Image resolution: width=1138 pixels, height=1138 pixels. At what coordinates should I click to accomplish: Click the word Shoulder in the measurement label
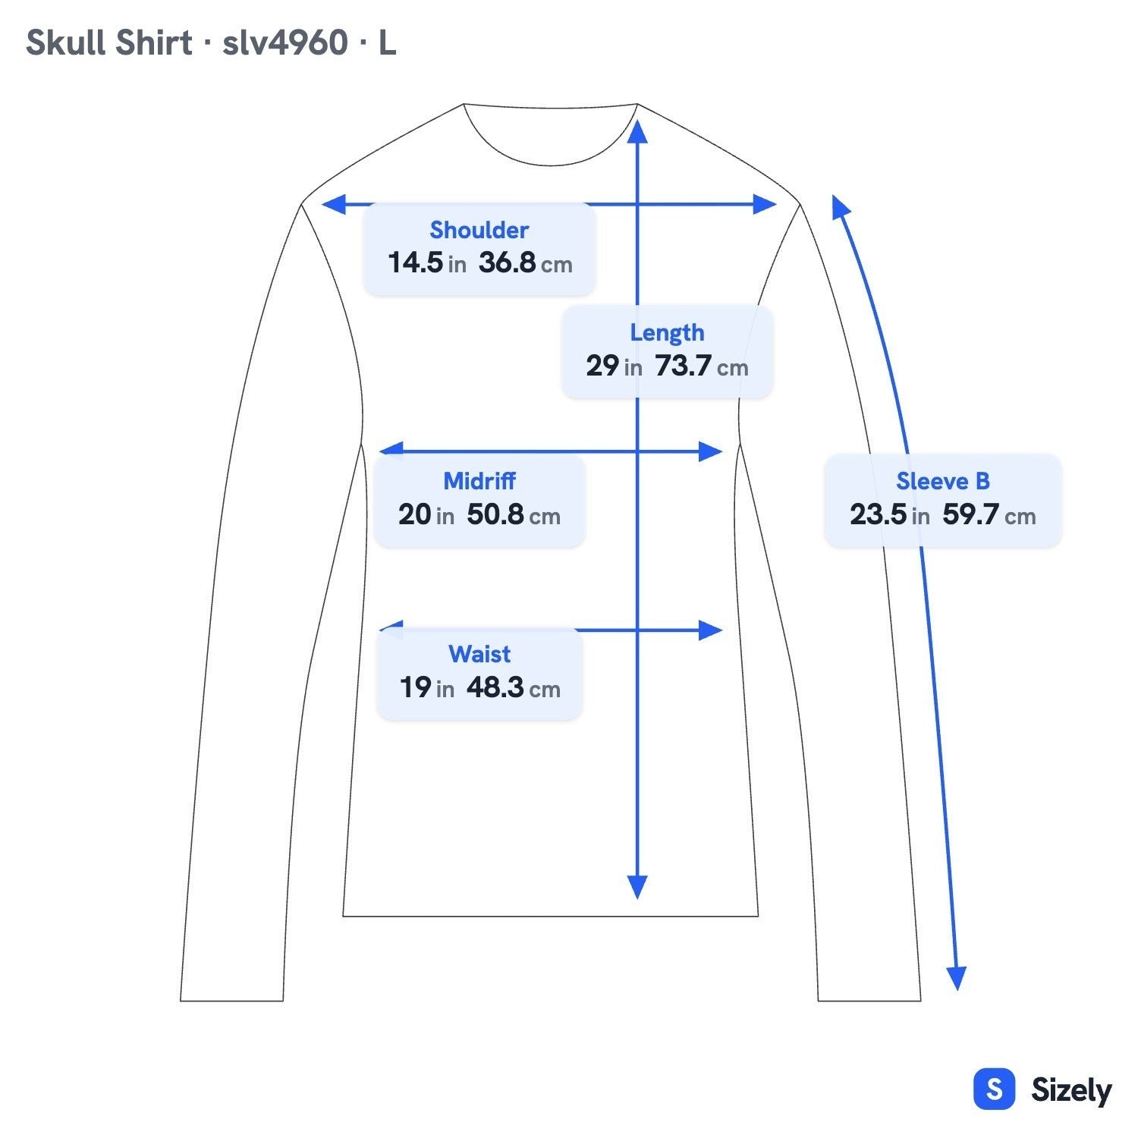click(479, 230)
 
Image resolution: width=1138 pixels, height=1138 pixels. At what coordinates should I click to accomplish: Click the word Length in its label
click(667, 332)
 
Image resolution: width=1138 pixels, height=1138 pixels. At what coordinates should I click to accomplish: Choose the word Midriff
click(479, 481)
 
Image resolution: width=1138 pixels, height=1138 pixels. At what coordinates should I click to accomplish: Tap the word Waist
click(479, 654)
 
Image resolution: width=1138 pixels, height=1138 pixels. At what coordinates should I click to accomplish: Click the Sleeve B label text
click(943, 481)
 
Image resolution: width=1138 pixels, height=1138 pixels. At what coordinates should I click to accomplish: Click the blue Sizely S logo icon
click(994, 1089)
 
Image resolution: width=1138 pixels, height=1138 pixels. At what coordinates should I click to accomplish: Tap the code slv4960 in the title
click(285, 42)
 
